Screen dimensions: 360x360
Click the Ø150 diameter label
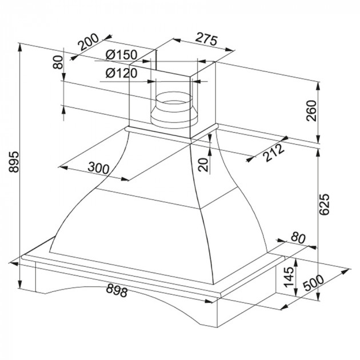click(x=122, y=55)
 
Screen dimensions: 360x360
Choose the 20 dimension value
click(x=202, y=164)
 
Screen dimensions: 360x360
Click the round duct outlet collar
click(x=174, y=110)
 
